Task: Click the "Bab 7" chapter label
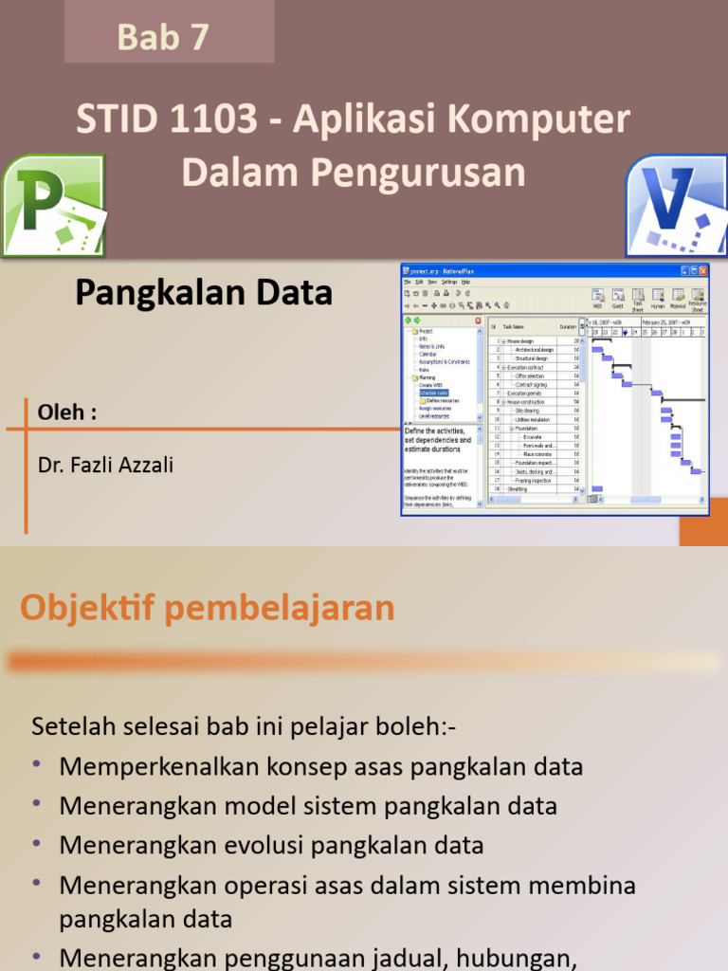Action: [162, 37]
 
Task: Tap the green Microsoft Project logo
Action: [53, 206]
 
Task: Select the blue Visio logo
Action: [676, 205]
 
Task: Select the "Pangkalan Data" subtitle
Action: [204, 293]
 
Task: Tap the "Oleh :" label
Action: [66, 413]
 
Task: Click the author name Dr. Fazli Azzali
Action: [105, 465]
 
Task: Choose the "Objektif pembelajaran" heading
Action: [208, 608]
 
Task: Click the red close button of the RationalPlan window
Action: [702, 270]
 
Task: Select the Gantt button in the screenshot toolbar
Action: [617, 300]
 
